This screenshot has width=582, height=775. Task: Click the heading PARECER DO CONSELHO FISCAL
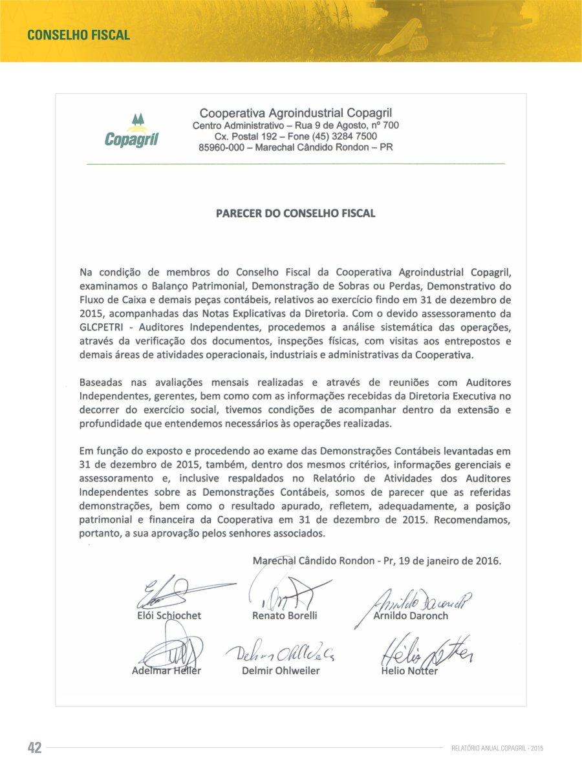coord(296,213)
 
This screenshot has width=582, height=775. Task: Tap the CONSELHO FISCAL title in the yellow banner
coord(78,35)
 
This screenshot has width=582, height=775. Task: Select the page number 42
coord(34,748)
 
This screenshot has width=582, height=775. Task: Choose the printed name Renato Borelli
coord(285,615)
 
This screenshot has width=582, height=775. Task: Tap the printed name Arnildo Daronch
coord(411,615)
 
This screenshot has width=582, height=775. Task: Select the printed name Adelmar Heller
coord(166,670)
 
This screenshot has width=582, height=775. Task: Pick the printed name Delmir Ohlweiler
coord(281,670)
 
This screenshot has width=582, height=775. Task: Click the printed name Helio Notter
coord(409,670)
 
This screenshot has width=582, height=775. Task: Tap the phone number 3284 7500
coord(352,136)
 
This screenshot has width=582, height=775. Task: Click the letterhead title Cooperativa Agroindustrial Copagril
coord(296,113)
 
